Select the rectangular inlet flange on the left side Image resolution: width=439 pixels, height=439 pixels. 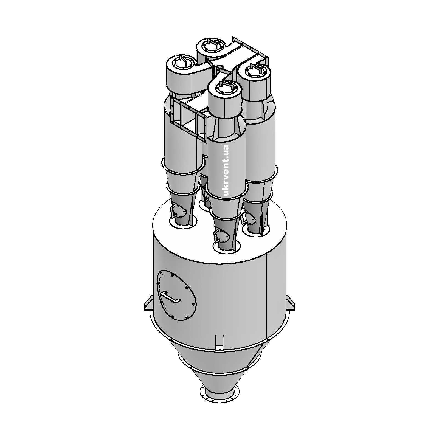(188, 121)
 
